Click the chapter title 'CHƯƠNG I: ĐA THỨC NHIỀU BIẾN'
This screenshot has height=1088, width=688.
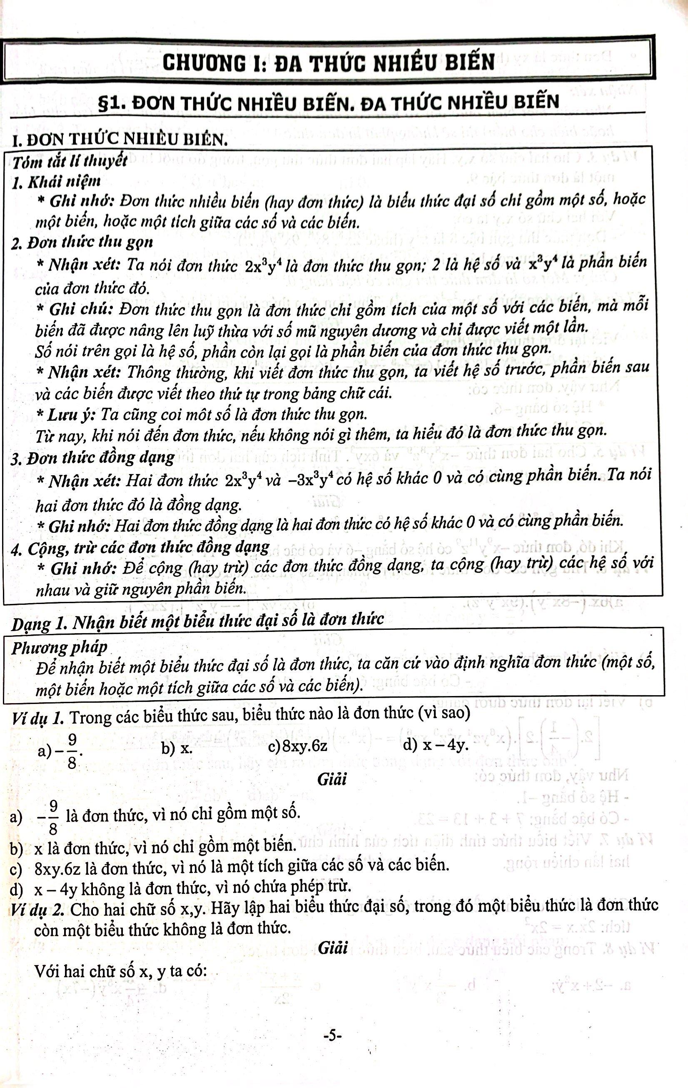point(329,62)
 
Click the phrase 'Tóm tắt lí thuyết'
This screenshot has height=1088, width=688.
point(70,162)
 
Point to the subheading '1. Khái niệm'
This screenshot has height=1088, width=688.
point(57,182)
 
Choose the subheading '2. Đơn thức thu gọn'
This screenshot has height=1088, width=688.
point(82,242)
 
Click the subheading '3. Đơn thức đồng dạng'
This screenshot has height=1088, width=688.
point(93,458)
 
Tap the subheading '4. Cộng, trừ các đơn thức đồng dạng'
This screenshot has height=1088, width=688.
point(140,548)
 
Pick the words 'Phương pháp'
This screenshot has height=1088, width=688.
point(59,648)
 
